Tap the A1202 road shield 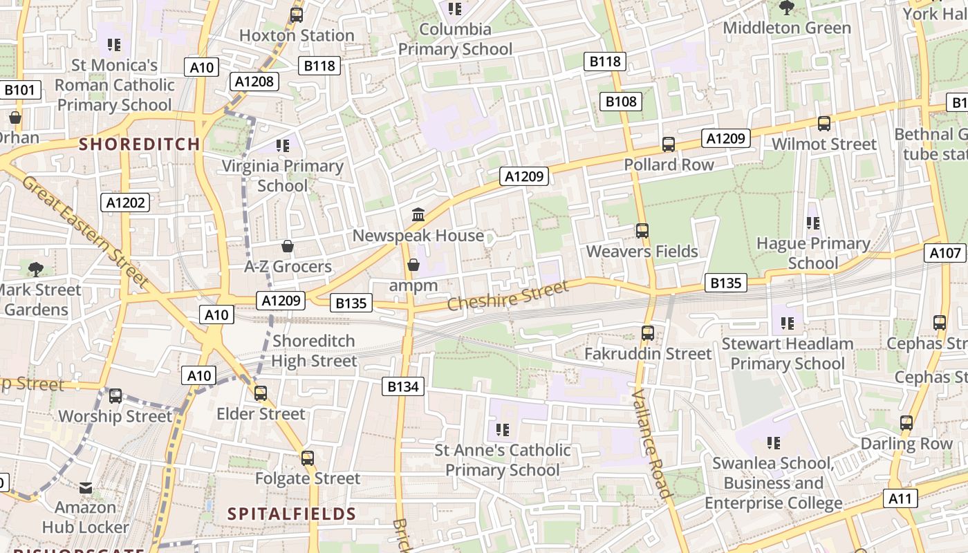(126, 203)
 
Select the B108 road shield (621, 102)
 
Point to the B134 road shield (403, 386)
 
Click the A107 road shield (945, 253)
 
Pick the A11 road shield (900, 498)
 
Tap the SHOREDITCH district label (140, 144)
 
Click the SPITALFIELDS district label (292, 514)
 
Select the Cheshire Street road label (508, 295)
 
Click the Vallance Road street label (651, 443)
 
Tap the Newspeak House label (418, 236)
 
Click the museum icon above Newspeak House (418, 215)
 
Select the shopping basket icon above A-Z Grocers (288, 246)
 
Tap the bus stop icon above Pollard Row (669, 144)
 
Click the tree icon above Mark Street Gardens (36, 270)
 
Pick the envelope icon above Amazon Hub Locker (86, 488)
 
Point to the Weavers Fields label (642, 252)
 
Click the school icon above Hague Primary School (813, 223)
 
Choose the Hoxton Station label (297, 35)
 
